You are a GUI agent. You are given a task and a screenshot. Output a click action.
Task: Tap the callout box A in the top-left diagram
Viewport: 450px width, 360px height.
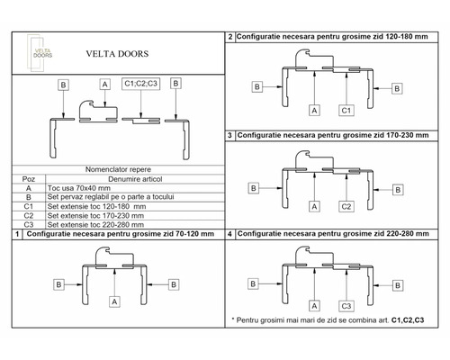pos(105,84)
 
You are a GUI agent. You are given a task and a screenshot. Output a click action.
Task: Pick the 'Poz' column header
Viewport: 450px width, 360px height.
pos(30,178)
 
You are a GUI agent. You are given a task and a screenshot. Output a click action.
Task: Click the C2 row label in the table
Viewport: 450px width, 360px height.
pos(30,214)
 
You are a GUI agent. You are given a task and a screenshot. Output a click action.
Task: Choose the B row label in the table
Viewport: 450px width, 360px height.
pos(30,196)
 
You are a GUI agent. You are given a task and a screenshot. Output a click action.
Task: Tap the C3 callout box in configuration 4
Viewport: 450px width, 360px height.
pos(345,304)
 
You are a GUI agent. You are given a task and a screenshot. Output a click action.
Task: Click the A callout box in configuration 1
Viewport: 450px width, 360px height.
pos(115,302)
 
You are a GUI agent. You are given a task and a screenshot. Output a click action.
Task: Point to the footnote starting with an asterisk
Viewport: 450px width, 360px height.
pos(328,319)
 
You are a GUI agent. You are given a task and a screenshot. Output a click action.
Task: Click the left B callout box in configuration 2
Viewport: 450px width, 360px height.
pos(256,86)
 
